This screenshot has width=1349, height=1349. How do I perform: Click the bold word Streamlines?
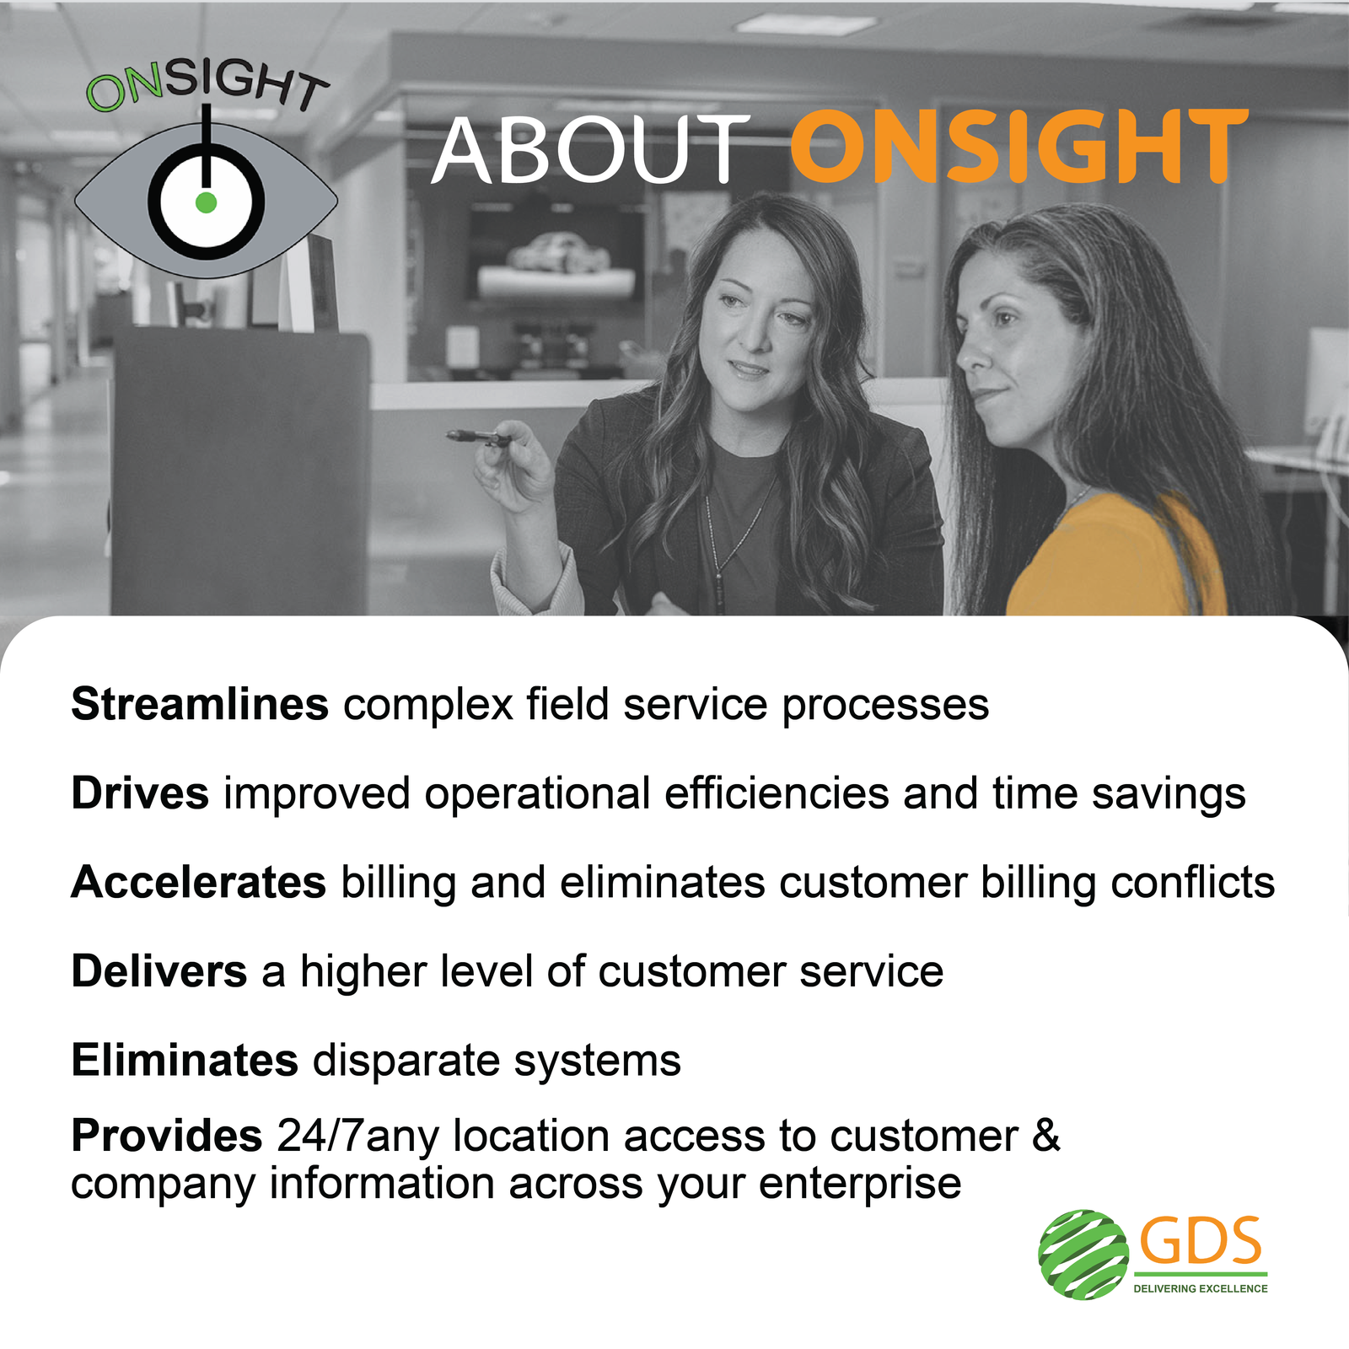[200, 704]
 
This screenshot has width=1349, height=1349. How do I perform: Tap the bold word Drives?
[140, 793]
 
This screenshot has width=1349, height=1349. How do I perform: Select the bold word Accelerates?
[199, 882]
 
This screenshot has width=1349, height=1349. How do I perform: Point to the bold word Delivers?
[159, 971]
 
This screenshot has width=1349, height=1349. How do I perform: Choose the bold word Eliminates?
[185, 1060]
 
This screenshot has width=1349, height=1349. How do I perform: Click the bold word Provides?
[167, 1136]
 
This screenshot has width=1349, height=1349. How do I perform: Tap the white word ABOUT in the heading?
[589, 149]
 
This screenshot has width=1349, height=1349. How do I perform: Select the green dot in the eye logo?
[206, 202]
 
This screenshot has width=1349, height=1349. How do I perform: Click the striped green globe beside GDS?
[1083, 1254]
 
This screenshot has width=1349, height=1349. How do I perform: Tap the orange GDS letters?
[1201, 1241]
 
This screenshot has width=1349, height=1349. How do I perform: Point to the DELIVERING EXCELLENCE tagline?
[1201, 1288]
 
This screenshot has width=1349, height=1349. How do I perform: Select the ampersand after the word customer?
[1046, 1136]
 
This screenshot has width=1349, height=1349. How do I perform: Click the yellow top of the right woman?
[1113, 556]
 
